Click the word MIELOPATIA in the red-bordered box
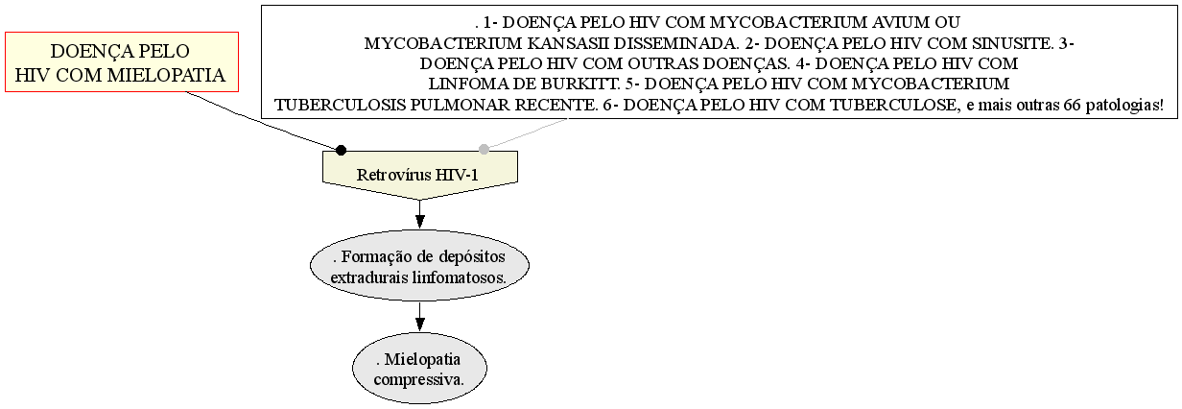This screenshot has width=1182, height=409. [166, 75]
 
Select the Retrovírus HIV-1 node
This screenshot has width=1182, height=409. [420, 175]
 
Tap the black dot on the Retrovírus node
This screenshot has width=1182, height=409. [342, 150]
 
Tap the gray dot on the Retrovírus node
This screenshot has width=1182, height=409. [484, 149]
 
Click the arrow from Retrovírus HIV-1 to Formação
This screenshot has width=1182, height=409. [420, 214]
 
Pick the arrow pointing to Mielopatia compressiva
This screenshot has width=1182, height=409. [420, 317]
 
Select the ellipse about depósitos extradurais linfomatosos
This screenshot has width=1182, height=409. [419, 265]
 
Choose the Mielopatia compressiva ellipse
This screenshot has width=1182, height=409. [419, 369]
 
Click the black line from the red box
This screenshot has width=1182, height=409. [264, 121]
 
